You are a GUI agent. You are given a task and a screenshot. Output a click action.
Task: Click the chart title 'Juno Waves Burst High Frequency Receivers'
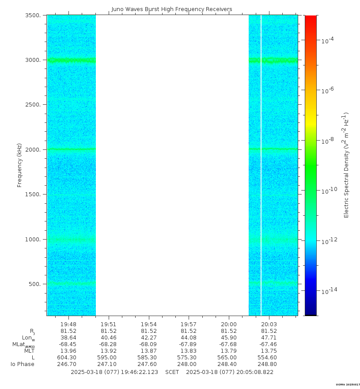(172, 9)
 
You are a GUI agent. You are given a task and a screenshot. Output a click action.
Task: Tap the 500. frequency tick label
(36, 284)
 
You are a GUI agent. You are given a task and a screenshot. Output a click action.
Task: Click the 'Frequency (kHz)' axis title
(19, 165)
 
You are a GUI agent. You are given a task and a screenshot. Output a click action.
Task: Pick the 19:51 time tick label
(108, 324)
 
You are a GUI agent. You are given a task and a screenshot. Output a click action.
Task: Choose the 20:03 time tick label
(269, 324)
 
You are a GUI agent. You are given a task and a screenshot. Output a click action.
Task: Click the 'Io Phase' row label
(23, 364)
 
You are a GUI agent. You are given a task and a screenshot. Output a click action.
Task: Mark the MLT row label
(29, 351)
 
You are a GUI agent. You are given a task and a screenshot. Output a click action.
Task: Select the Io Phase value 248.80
(269, 364)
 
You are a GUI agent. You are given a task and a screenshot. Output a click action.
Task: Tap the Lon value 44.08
(189, 338)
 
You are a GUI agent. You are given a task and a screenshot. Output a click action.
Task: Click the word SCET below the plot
(172, 372)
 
